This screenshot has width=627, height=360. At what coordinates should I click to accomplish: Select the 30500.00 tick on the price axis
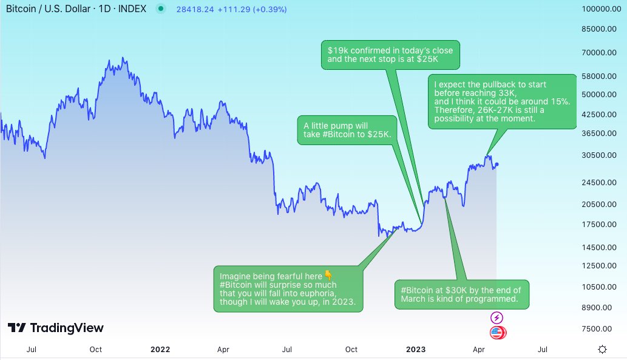(597, 155)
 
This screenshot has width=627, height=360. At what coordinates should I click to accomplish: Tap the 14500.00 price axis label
(597, 247)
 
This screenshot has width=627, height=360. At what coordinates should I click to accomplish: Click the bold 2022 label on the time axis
(160, 349)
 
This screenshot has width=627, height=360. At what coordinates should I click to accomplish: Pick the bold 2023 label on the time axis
(416, 349)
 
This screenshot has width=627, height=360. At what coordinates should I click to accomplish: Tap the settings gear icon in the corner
(602, 349)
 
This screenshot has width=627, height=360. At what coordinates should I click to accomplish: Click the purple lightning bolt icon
(497, 318)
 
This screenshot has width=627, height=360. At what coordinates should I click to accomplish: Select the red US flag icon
(497, 332)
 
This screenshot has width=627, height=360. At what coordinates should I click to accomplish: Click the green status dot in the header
(160, 10)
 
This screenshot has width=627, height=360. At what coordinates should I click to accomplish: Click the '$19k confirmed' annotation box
(390, 55)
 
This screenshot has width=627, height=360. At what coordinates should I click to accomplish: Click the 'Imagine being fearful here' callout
(288, 289)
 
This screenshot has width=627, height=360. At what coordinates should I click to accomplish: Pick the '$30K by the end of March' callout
(461, 294)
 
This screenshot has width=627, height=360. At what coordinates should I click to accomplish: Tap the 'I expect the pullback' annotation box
(501, 101)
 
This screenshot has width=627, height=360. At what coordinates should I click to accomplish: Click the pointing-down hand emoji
(328, 276)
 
